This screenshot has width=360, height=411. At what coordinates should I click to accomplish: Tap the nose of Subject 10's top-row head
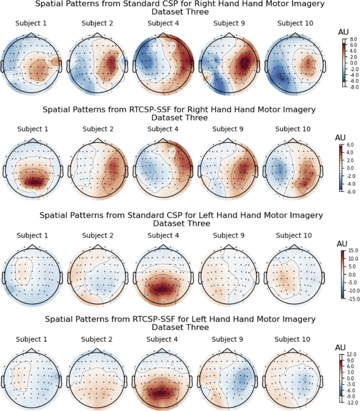[x=292, y=34]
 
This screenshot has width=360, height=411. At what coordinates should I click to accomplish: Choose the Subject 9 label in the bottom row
[x=227, y=339]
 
